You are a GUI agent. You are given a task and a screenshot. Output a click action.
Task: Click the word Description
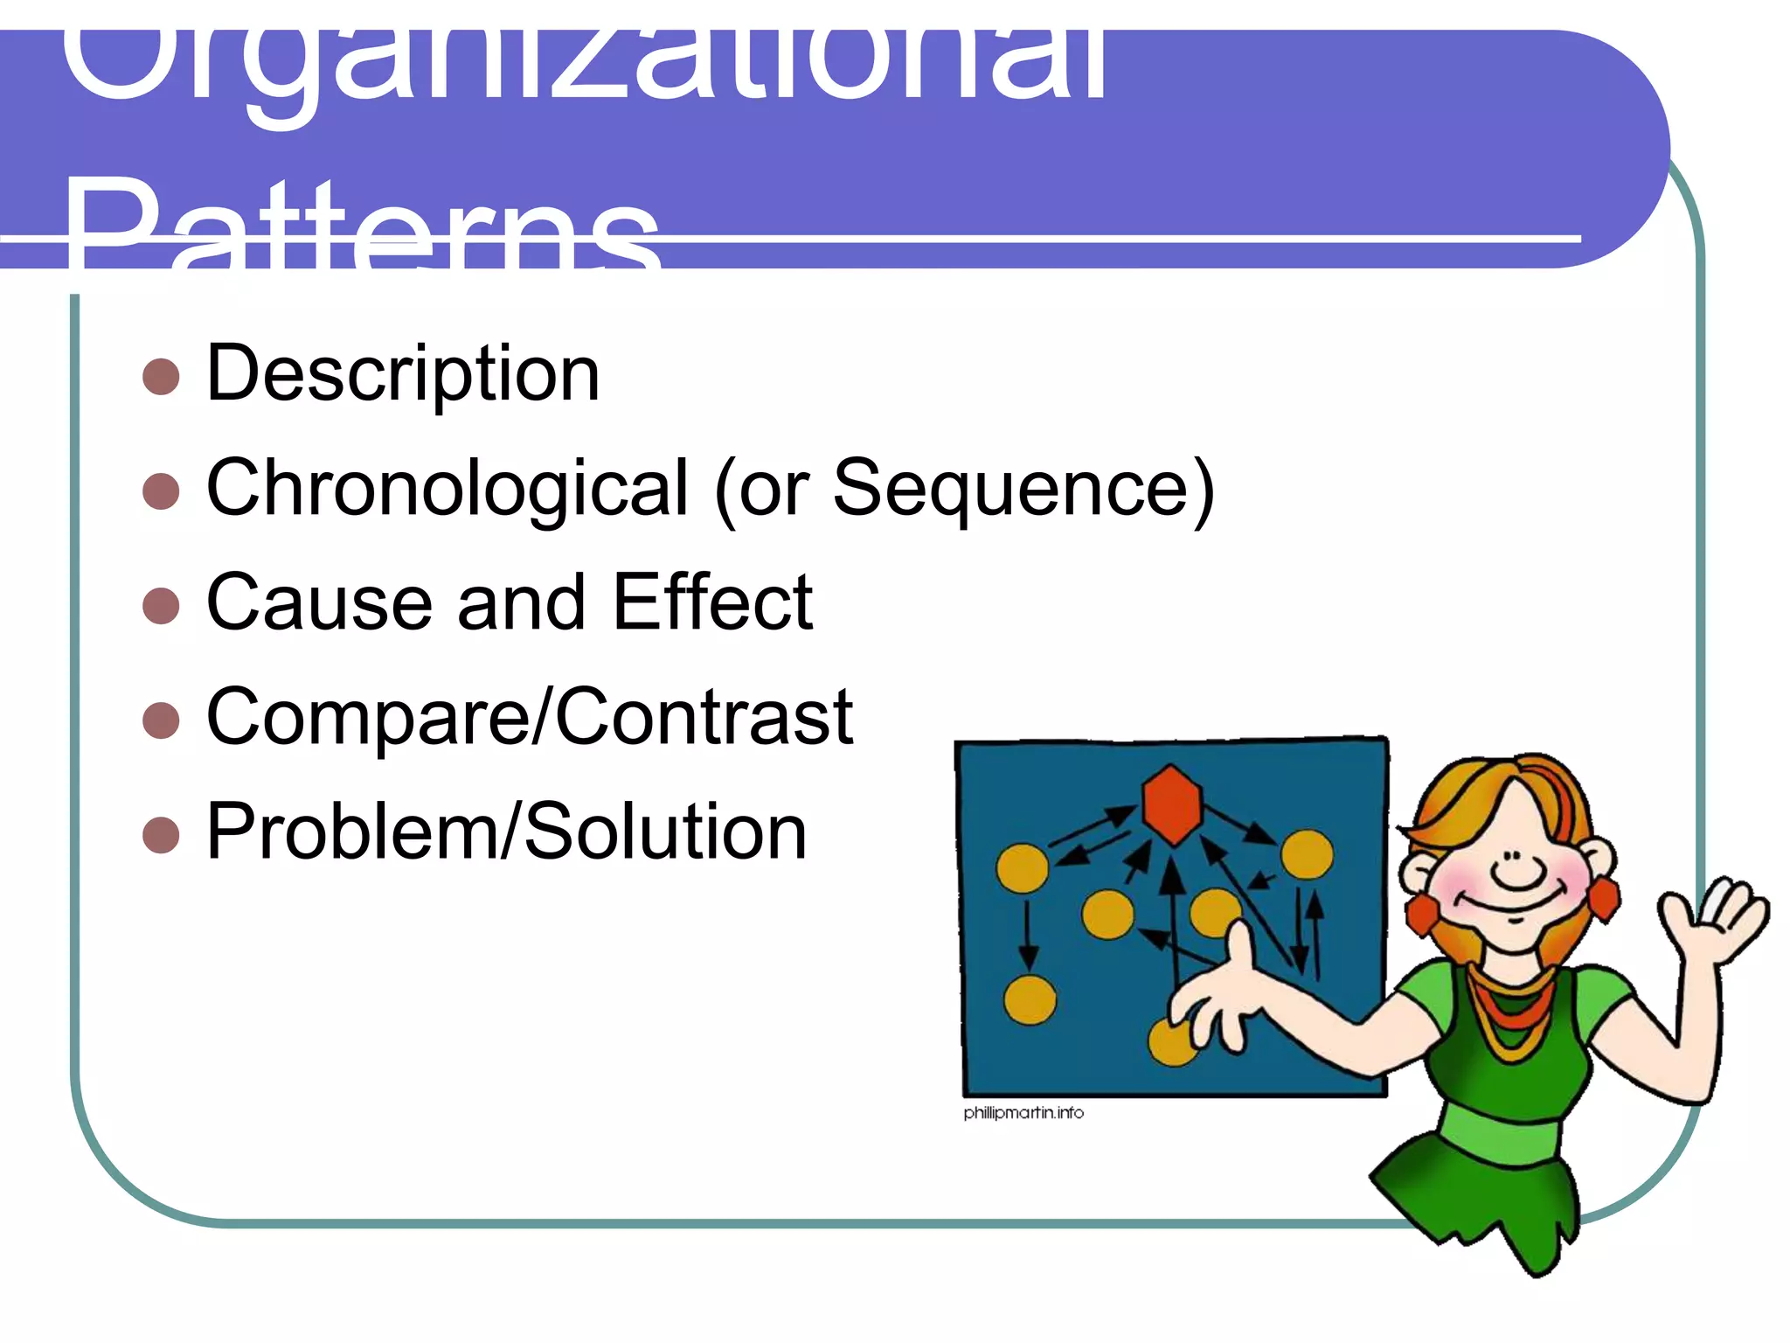click(403, 374)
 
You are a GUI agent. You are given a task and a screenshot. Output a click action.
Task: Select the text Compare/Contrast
click(529, 717)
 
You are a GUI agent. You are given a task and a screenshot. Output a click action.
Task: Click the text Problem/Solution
click(506, 832)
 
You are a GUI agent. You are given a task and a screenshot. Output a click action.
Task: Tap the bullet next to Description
click(161, 377)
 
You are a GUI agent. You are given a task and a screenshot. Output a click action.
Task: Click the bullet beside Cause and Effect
click(161, 605)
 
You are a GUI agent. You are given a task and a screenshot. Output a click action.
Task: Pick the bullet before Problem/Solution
click(161, 834)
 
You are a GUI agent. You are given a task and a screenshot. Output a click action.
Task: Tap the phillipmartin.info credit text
click(1023, 1112)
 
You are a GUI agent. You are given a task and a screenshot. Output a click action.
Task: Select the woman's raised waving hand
click(1713, 918)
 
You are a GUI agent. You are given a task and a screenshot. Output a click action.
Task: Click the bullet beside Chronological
click(161, 491)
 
